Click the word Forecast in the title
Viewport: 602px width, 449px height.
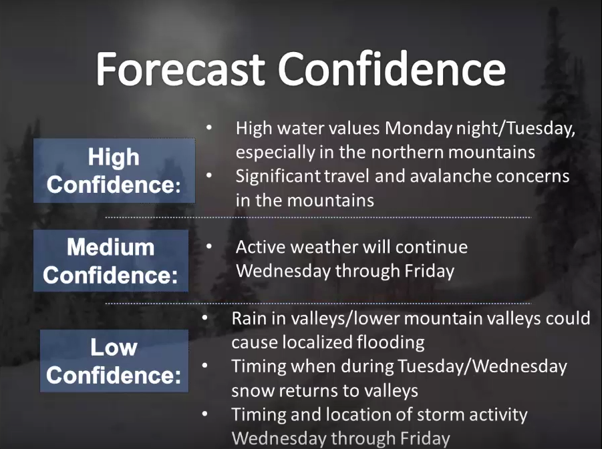(180, 69)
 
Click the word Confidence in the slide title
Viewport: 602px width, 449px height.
(392, 69)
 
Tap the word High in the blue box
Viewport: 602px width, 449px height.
(114, 157)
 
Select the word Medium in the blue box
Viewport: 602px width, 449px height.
(110, 247)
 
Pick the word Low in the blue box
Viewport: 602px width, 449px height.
(114, 348)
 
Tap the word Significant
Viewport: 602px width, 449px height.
(277, 176)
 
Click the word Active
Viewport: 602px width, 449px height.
(261, 248)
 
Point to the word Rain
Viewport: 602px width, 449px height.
(248, 319)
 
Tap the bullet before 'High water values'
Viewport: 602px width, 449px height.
(209, 127)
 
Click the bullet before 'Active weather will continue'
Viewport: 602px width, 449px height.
(209, 247)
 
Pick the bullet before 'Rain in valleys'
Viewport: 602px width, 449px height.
(204, 318)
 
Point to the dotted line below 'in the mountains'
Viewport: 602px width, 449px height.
(318, 217)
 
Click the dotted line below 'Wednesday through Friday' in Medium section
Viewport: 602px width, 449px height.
(318, 304)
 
